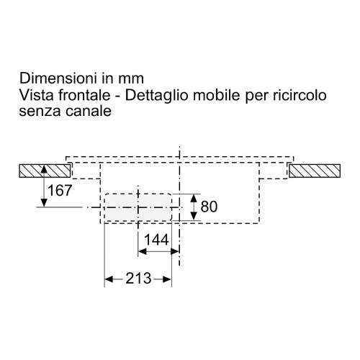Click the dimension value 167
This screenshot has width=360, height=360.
coord(60,191)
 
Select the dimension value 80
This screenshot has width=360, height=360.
coord(209,207)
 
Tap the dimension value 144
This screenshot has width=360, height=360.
coord(156,240)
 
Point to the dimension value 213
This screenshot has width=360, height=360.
coord(138,279)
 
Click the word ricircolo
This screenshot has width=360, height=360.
coord(300,95)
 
